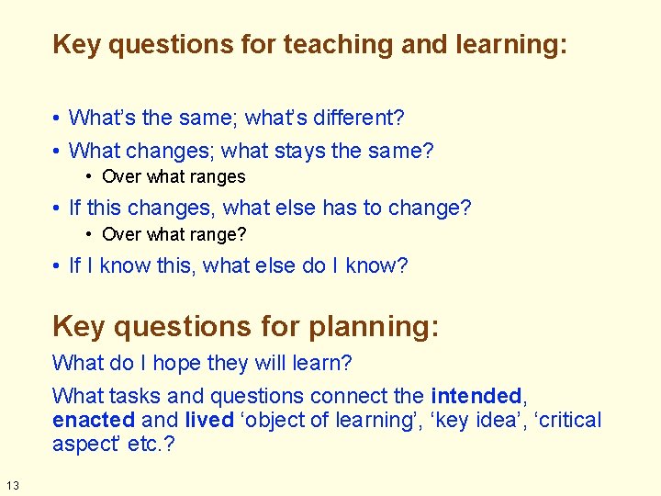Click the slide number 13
click(x=11, y=486)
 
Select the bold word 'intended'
click(x=476, y=397)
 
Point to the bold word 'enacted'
click(x=94, y=421)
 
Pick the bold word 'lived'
click(x=209, y=421)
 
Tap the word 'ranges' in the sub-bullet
click(x=218, y=176)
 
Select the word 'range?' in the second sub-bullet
click(x=219, y=234)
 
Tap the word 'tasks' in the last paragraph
click(x=136, y=397)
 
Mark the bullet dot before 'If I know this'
click(x=57, y=266)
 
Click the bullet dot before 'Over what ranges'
click(x=89, y=176)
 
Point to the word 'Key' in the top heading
click(x=76, y=45)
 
